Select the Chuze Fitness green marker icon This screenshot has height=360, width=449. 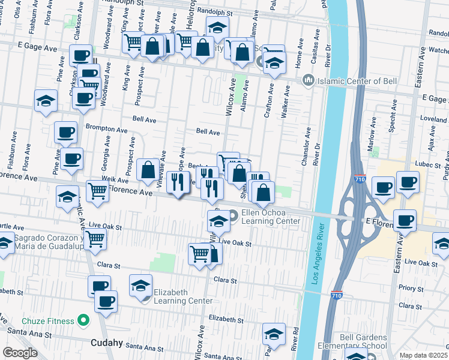pos(83,321)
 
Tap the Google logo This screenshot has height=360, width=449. pos(20,353)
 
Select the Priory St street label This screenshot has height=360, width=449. pos(411,288)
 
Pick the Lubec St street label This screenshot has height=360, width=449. pos(428,164)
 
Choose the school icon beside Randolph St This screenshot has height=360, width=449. pos(217,27)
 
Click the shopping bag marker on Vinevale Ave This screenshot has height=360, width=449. pos(148,170)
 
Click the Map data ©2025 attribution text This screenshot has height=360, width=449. pos(424,355)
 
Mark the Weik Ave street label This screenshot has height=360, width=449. pos(115,180)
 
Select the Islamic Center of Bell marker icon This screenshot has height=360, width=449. pos(308,79)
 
